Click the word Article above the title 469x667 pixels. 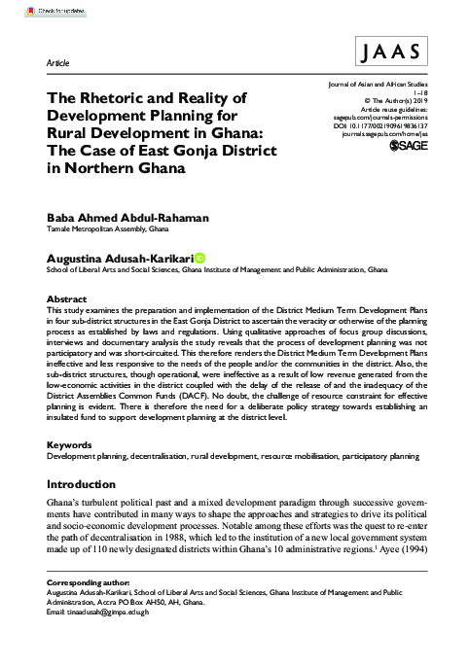tap(58, 62)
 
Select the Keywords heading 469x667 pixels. tap(71, 443)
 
